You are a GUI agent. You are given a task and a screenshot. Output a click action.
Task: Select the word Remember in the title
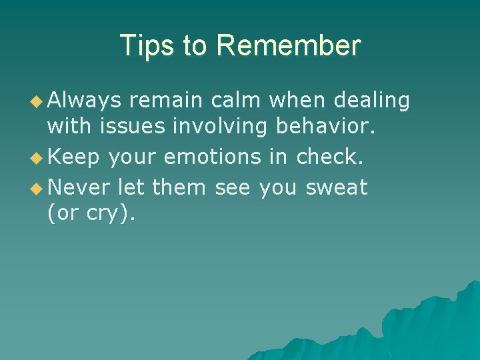click(x=289, y=46)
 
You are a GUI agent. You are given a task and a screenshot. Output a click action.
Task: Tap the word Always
click(x=84, y=101)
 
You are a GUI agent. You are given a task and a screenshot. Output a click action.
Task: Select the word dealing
click(x=372, y=101)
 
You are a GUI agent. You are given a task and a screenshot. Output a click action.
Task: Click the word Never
click(x=79, y=188)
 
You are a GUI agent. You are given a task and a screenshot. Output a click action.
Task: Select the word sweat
click(x=337, y=188)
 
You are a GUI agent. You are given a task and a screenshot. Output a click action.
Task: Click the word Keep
click(x=73, y=157)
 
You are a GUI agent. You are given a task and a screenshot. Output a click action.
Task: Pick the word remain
click(x=166, y=100)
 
